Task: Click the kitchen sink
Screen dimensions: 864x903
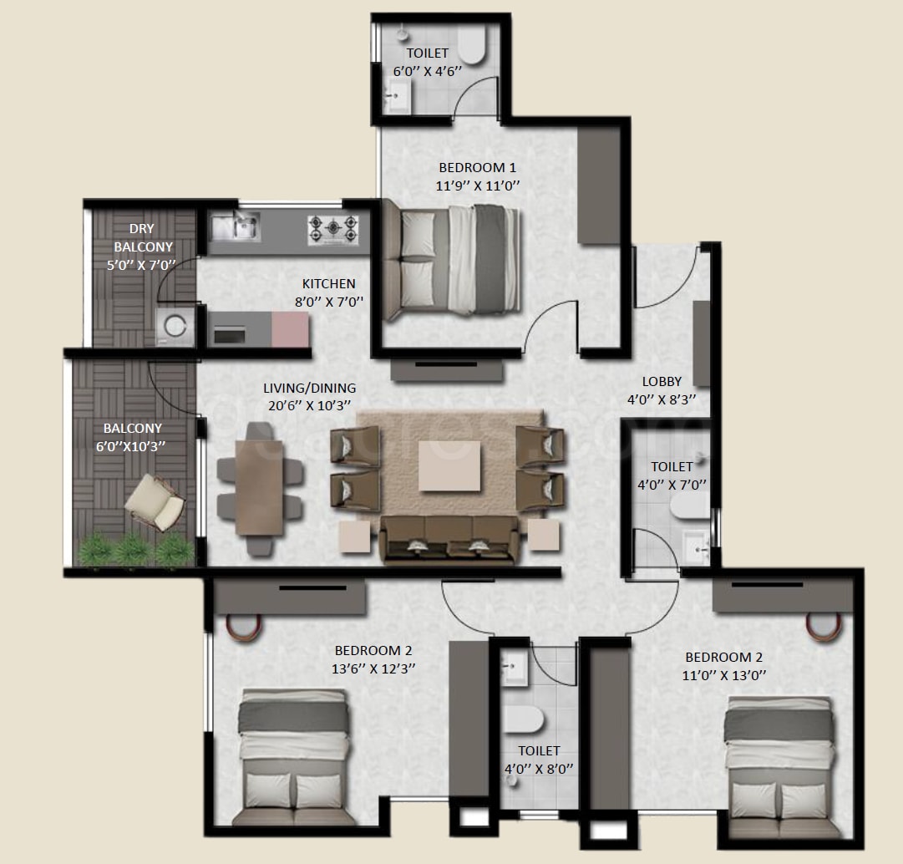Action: pyautogui.click(x=235, y=226)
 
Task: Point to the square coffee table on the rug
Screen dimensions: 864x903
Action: pyautogui.click(x=450, y=465)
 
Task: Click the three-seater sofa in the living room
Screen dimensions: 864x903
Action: pyautogui.click(x=449, y=539)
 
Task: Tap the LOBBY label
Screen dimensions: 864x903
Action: pyautogui.click(x=662, y=382)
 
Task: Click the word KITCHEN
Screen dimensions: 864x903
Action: pyautogui.click(x=329, y=284)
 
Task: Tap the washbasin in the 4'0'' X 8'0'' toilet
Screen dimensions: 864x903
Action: pyautogui.click(x=515, y=668)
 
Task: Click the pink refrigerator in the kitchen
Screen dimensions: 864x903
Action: pyautogui.click(x=291, y=329)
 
